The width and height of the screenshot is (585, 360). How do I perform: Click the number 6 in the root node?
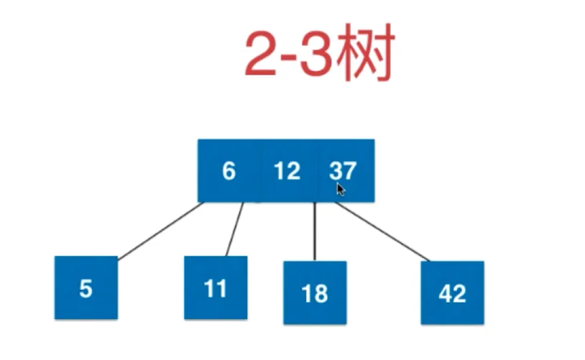[x=229, y=171]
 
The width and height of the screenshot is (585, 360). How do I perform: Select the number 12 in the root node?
[x=287, y=171]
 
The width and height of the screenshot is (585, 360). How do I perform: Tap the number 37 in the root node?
[x=343, y=171]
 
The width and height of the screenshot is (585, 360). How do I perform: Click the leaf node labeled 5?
[x=86, y=287]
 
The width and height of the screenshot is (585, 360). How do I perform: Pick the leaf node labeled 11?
[x=216, y=287]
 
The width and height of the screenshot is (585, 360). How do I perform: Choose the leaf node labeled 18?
[x=315, y=293]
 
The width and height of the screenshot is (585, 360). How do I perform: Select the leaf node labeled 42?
[x=453, y=293]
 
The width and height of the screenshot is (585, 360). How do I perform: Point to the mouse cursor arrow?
[x=340, y=189]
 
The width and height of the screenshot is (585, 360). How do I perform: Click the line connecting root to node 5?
[x=161, y=231]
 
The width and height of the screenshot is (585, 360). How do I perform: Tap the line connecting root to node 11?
[x=235, y=229]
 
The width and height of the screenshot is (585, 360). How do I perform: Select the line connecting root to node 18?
[x=315, y=231]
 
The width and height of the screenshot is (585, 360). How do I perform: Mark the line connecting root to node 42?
[x=382, y=231]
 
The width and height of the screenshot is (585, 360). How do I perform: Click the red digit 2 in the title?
[x=261, y=55]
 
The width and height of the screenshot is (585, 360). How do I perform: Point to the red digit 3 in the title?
[x=316, y=55]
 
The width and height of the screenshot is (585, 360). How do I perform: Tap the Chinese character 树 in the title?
[x=365, y=52]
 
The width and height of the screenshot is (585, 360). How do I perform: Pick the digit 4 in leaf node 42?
[x=446, y=293]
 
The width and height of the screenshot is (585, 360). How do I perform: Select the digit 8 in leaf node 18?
[x=321, y=293]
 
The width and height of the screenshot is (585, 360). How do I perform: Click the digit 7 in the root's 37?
[x=350, y=171]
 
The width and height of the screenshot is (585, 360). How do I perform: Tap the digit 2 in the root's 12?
[x=294, y=171]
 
